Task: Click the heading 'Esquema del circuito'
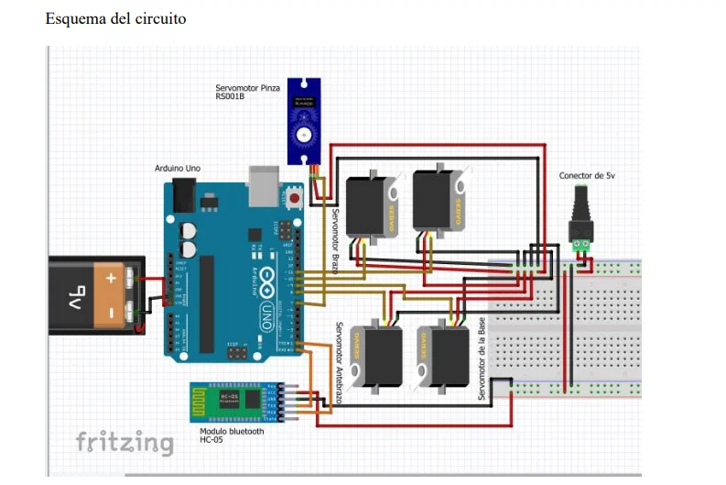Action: tap(115, 18)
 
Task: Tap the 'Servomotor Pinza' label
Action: tap(247, 88)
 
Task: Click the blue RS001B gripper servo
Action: tap(301, 120)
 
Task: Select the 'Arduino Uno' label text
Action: tap(178, 169)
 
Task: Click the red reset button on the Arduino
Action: tap(295, 195)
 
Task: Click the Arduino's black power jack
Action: tap(184, 194)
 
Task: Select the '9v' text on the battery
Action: tap(77, 296)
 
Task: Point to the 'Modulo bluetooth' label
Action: tap(231, 431)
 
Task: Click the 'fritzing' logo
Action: tap(124, 444)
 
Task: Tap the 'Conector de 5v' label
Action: tap(586, 175)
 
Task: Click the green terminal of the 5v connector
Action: tap(580, 245)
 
